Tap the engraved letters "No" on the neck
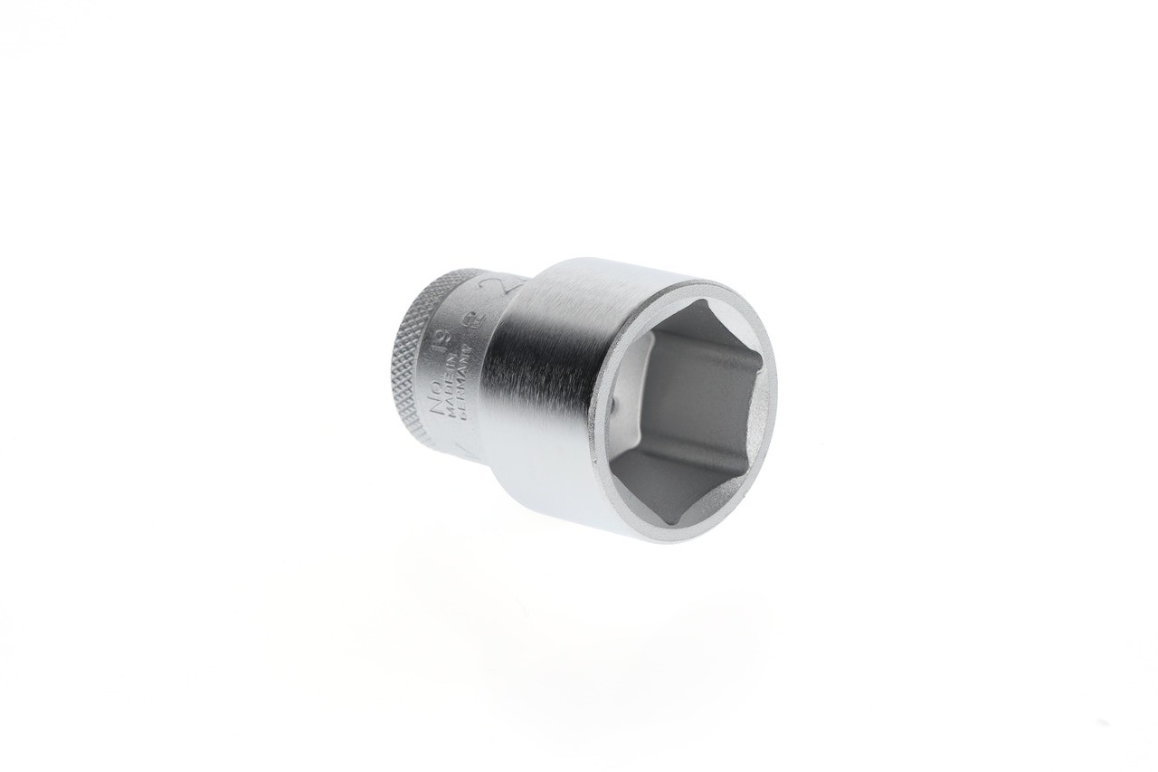click(438, 397)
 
